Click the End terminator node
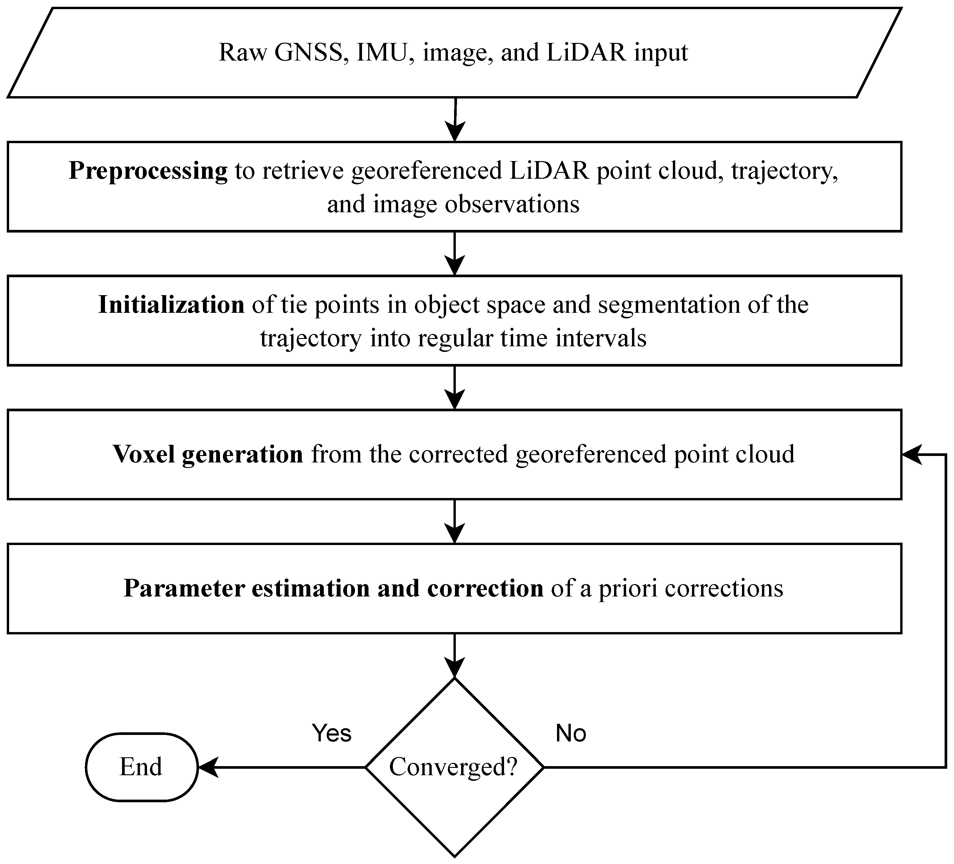tap(141, 767)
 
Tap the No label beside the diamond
tap(571, 733)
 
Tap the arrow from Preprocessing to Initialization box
tap(454, 254)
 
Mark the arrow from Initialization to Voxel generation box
tap(454, 388)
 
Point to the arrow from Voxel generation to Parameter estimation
tap(454, 522)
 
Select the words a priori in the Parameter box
tap(628, 589)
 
